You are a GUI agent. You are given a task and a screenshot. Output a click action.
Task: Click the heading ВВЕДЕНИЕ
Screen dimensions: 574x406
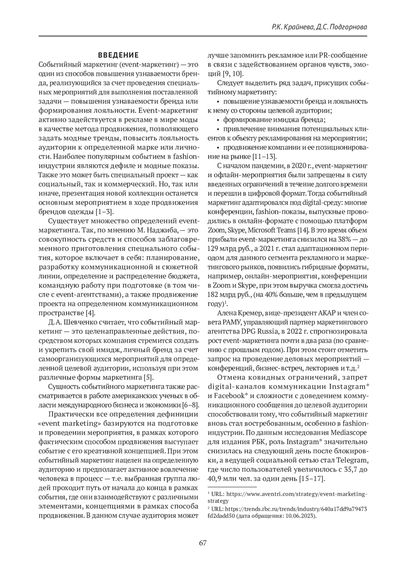[118, 55]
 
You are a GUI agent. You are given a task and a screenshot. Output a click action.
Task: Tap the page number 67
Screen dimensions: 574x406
[203, 543]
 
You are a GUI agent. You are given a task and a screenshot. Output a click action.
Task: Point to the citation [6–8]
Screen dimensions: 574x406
[189, 405]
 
